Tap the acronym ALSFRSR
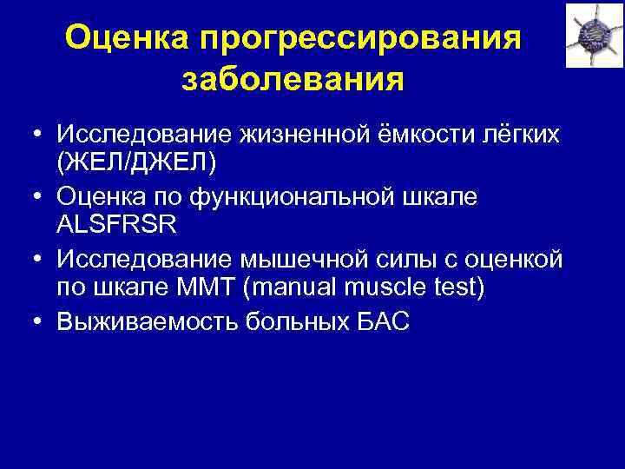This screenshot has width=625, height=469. (117, 224)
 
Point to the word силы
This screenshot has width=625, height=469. (412, 259)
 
